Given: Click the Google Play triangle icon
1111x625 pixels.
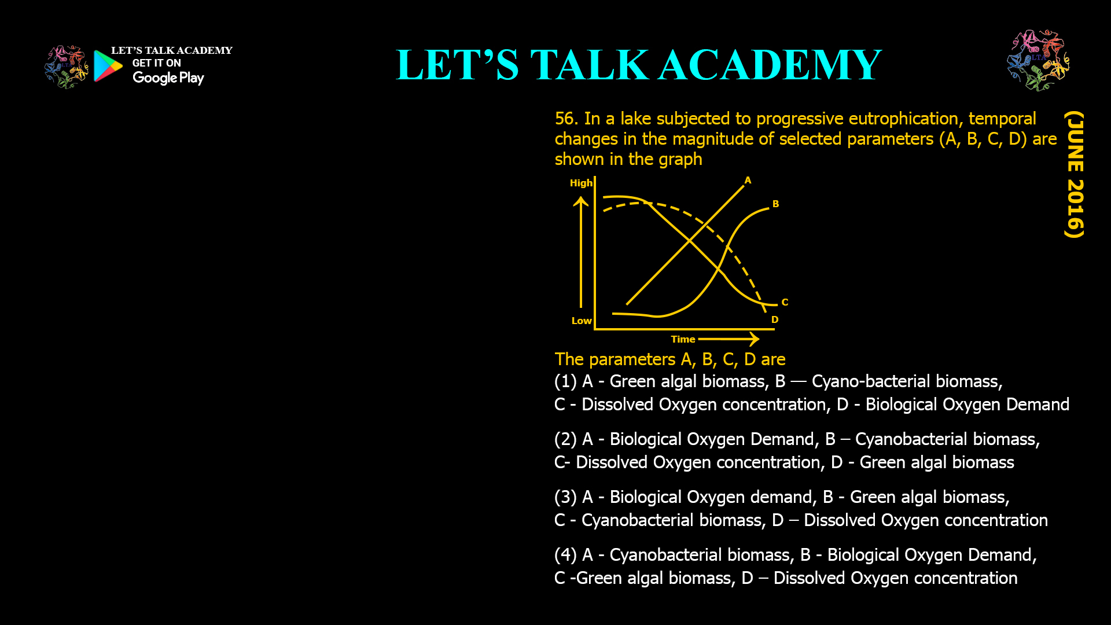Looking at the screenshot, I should (108, 66).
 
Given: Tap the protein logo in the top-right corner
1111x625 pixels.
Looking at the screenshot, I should (1038, 60).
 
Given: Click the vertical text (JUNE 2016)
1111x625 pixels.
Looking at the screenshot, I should (1074, 174).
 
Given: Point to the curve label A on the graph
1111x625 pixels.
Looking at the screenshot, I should (748, 181).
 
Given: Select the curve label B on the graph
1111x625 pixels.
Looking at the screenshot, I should (775, 204).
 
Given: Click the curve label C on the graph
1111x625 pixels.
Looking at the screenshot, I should (785, 302).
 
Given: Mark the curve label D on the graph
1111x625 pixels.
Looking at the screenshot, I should (775, 319).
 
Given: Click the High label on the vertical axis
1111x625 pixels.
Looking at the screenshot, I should (581, 183).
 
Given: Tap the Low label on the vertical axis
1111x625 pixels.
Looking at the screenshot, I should (582, 321).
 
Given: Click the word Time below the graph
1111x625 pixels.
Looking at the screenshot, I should (683, 339).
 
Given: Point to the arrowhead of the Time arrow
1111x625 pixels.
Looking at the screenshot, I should (754, 339).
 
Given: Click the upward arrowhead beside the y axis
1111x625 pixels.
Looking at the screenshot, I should (581, 201).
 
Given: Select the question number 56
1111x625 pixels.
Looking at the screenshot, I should (566, 119).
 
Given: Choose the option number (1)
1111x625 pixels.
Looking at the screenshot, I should (565, 381).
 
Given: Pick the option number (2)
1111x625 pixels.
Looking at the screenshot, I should (565, 439).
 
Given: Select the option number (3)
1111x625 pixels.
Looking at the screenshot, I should (565, 497).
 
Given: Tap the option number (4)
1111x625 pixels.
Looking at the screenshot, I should (565, 555).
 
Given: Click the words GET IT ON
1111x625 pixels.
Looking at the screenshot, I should (156, 63).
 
